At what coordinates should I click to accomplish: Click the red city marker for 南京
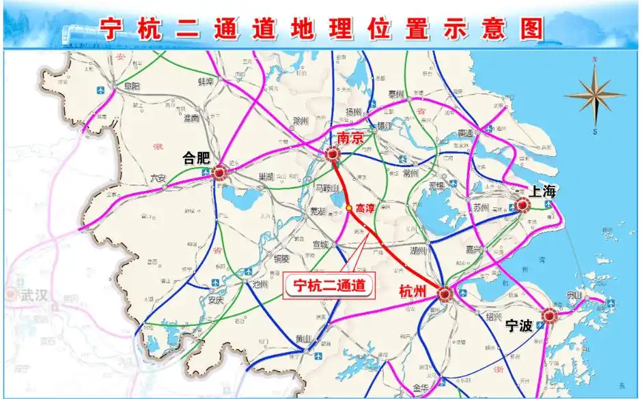334,154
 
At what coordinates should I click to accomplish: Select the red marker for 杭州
445,294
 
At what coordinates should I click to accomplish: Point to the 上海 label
542,191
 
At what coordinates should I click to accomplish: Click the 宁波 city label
518,326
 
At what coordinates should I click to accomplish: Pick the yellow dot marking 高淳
349,207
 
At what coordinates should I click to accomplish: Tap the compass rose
594,95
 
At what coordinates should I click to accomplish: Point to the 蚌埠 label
206,81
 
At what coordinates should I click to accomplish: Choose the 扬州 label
353,113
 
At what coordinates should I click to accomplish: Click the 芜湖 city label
318,211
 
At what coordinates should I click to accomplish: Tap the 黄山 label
303,340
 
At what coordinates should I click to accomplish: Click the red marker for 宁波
549,315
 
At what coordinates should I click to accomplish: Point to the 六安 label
158,179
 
